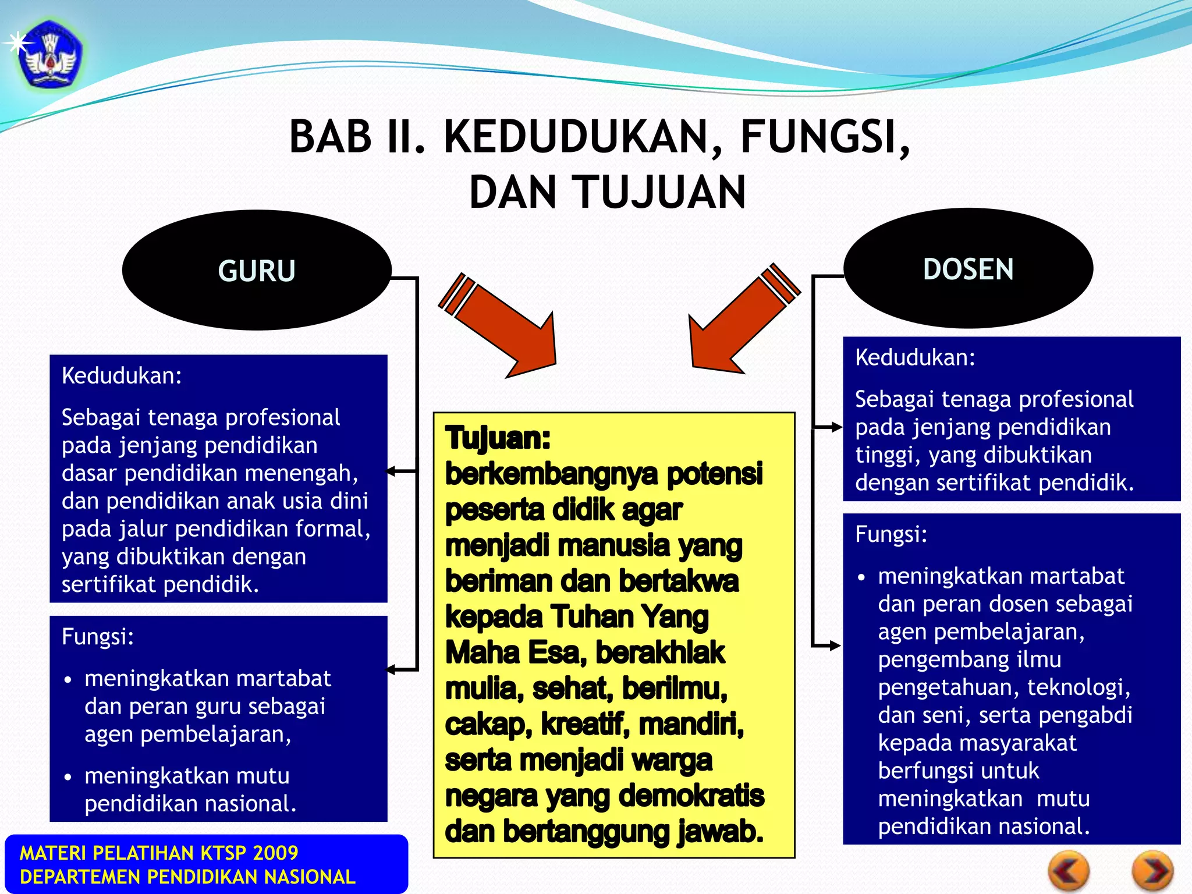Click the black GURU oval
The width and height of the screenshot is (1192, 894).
coord(257,271)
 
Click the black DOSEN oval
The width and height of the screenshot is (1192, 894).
coord(968,269)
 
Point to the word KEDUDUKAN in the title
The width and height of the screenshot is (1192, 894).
coord(576,137)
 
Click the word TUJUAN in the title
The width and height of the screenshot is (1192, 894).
coord(661,193)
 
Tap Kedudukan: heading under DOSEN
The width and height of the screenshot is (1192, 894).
coord(915,357)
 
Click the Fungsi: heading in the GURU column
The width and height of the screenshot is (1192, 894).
coord(98,637)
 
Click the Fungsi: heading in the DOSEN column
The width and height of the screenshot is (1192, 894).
coord(891,534)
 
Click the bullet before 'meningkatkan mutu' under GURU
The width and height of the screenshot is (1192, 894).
coord(69,777)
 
